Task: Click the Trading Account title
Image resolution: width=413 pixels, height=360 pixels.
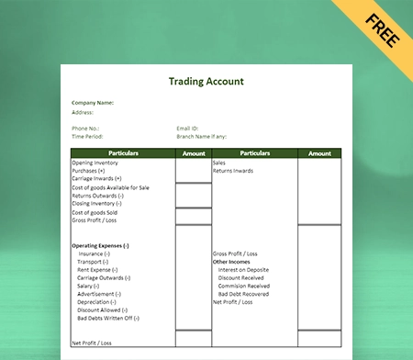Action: [x=206, y=81]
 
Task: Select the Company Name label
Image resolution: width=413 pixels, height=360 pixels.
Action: [x=93, y=103]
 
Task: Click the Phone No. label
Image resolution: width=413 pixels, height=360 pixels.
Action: [x=85, y=128]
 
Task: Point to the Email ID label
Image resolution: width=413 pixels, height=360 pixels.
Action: [x=188, y=128]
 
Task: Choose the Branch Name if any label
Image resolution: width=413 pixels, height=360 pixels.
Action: [x=201, y=135]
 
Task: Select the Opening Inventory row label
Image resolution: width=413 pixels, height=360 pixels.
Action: [x=95, y=163]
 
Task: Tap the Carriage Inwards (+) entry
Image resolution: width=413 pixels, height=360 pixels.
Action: [x=96, y=178]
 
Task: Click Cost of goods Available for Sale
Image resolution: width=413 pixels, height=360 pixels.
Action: [x=110, y=187]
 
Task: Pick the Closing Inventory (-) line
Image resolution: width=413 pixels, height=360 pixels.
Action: [x=97, y=203]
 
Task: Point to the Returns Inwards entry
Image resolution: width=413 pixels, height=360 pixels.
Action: [x=234, y=171]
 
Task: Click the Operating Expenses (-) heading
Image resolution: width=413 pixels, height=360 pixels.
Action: [x=100, y=245]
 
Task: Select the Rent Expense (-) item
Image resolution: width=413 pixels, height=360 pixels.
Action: [x=100, y=269]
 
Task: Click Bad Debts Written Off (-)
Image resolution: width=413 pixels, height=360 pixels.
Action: [x=108, y=318]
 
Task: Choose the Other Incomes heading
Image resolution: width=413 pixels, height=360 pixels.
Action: [x=233, y=261]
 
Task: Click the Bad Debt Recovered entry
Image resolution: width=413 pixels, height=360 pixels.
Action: [x=244, y=294]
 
